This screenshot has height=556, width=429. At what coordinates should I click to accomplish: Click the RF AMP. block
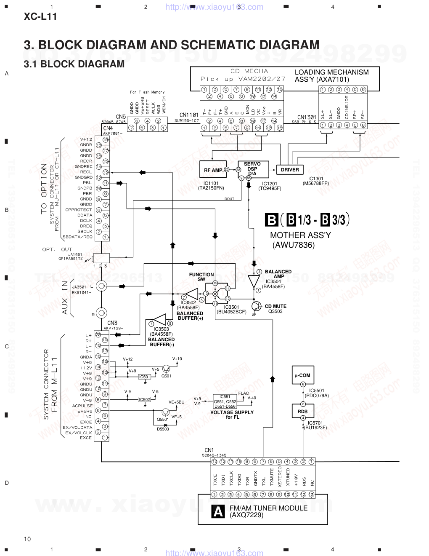[213, 170]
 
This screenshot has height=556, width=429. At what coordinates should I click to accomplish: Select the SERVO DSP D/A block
[252, 169]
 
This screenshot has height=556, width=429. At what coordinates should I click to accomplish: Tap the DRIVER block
[290, 170]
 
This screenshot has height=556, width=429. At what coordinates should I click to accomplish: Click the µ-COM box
[302, 375]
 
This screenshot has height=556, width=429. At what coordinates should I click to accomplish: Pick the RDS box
[302, 411]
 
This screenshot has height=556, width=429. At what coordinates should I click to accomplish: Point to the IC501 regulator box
[144, 377]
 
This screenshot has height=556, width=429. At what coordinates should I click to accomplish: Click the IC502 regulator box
[144, 399]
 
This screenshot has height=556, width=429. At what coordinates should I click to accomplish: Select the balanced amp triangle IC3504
[254, 281]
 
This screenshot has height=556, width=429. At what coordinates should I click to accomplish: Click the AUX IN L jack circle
[101, 286]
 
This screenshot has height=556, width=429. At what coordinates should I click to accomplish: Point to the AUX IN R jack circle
[101, 313]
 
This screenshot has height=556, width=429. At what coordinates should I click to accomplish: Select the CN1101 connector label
[189, 115]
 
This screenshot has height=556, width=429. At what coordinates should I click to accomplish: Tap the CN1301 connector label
[307, 118]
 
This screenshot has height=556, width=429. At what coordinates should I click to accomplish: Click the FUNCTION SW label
[201, 277]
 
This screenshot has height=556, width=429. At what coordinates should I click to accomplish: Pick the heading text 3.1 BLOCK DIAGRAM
[74, 64]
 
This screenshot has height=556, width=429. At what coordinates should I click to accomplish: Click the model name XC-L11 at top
[40, 17]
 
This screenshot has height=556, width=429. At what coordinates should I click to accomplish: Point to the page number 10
[27, 539]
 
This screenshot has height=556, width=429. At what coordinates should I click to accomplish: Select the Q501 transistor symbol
[167, 369]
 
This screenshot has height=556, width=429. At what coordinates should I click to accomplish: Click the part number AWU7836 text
[293, 245]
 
